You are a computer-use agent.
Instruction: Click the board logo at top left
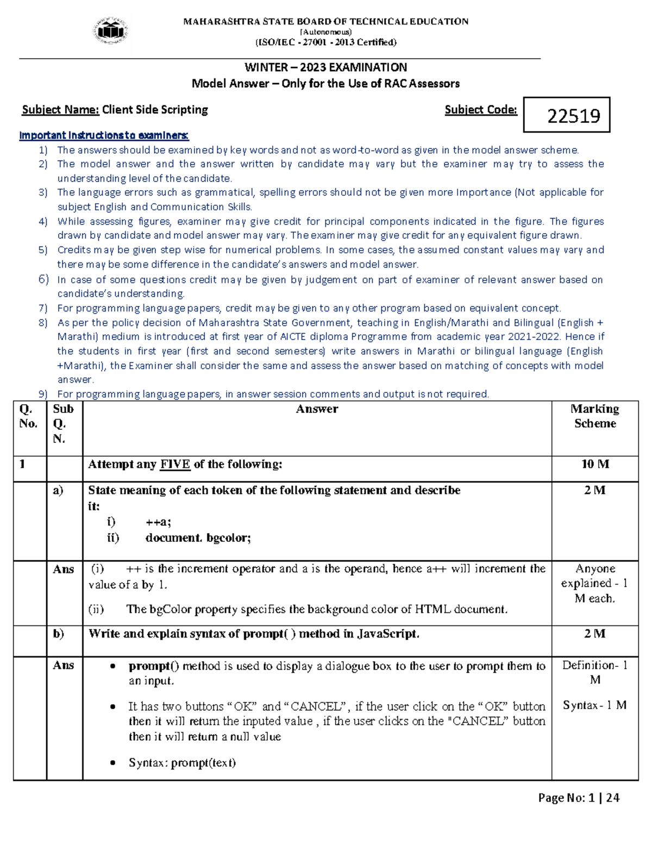click(111, 32)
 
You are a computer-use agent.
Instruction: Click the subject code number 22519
click(573, 116)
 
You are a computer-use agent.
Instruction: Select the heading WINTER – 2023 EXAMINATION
click(325, 67)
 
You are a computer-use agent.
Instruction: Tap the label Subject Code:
click(480, 110)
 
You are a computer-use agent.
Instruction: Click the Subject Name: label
click(60, 110)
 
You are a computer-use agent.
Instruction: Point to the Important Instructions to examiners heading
click(104, 135)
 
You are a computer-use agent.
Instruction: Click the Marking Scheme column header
click(595, 416)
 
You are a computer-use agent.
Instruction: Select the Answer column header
click(317, 409)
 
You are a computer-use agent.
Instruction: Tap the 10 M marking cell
click(595, 464)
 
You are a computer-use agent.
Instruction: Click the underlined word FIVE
click(175, 464)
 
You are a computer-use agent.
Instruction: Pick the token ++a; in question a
click(158, 522)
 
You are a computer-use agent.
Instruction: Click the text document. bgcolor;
click(198, 538)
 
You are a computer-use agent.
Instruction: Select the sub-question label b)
click(59, 634)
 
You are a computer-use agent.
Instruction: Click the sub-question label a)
click(59, 490)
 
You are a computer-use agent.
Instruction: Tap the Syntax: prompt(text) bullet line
click(182, 762)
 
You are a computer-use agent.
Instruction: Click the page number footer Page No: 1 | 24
click(578, 798)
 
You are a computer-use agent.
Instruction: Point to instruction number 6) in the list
click(43, 279)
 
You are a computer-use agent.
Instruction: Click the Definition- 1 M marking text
click(595, 672)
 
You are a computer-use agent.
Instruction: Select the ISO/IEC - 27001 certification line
click(325, 42)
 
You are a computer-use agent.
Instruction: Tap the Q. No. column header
click(28, 416)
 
